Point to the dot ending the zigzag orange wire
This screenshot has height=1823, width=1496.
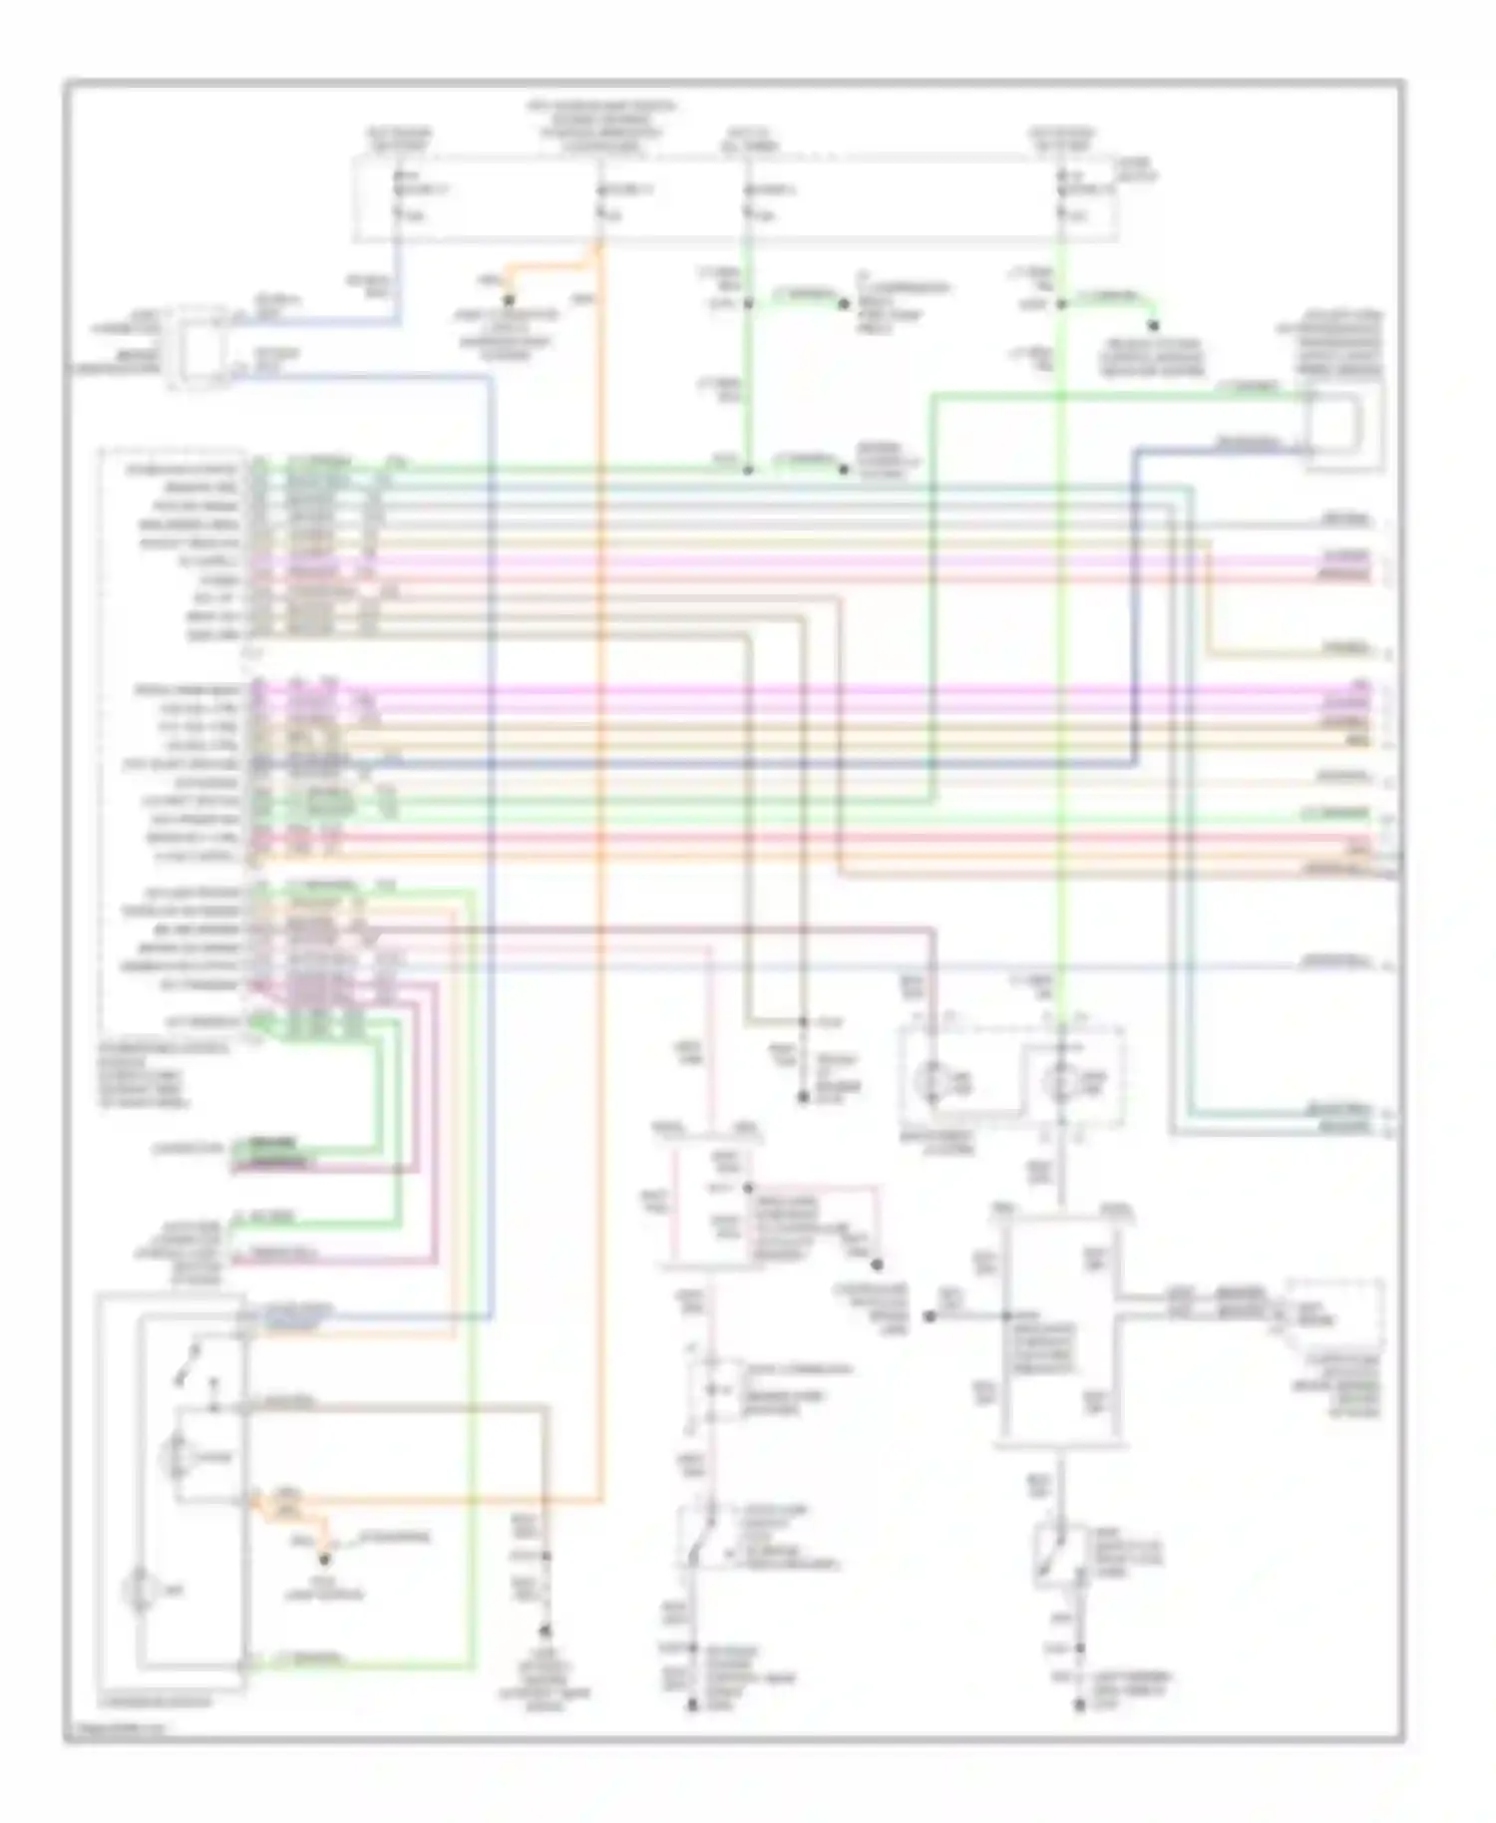click(325, 1555)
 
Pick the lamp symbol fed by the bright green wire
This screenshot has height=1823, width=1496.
click(1061, 1079)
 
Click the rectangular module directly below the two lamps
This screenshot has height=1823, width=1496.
click(1062, 1331)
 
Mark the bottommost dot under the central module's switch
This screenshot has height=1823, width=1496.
click(1079, 1706)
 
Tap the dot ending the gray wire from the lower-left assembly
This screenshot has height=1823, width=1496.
click(546, 1633)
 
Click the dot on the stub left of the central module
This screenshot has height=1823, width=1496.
click(929, 1316)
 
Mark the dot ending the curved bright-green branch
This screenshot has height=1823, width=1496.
click(1155, 325)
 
